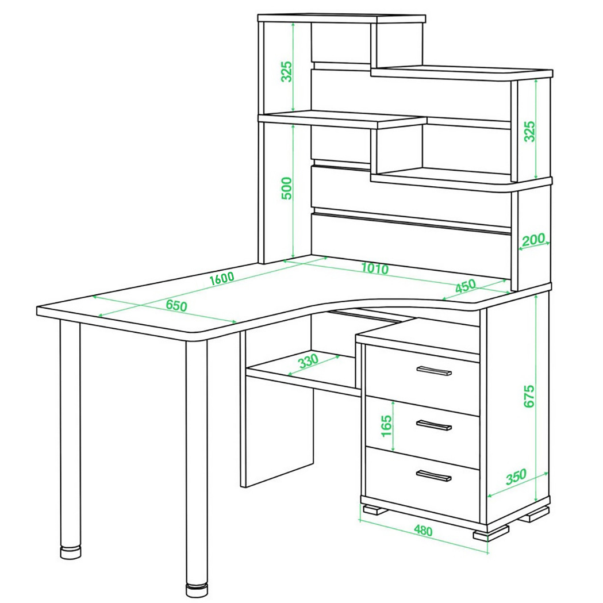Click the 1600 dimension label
[222, 278]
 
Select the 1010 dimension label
[375, 268]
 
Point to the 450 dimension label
[465, 286]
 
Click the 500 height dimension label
[287, 188]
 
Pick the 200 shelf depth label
[533, 240]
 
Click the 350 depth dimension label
[516, 477]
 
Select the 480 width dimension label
[423, 531]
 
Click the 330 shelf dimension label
[309, 360]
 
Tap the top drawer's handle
[434, 370]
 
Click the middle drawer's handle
[434, 425]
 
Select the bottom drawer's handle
[434, 476]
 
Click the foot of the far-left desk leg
[71, 553]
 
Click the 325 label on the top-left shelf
[287, 71]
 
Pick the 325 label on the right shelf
[529, 132]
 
